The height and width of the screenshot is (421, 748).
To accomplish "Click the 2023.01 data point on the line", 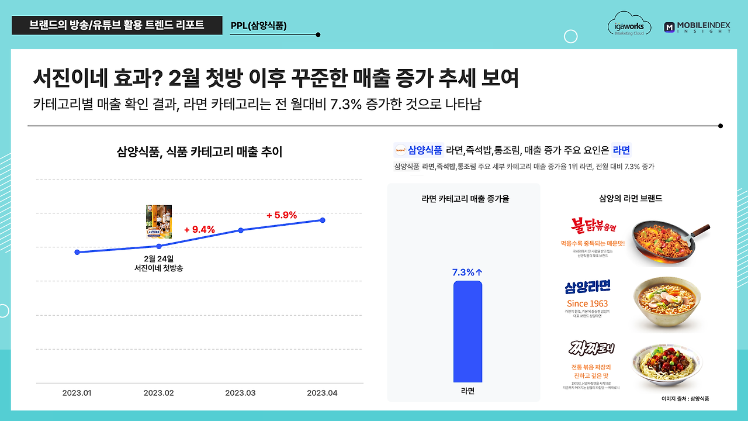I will pos(77,252).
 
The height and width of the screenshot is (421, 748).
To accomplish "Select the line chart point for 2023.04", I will pos(323,220).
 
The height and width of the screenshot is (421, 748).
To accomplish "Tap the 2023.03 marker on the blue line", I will pos(241,230).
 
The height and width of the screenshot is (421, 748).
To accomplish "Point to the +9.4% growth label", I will pos(199,229).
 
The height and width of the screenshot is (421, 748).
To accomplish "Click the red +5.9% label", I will pos(282,215).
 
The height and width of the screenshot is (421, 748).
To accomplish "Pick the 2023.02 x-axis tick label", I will pos(159,393).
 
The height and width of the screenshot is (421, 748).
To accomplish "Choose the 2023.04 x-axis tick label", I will pos(323,393).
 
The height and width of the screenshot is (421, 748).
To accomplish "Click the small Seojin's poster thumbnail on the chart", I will pos(159,222).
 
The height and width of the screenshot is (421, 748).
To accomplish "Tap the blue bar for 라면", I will pos(467,332).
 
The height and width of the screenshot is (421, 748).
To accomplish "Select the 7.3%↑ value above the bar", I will pos(467,272).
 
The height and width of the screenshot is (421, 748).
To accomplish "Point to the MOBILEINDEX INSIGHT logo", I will pos(697,27).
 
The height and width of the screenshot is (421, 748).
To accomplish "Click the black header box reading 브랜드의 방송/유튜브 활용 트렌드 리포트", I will pos(117,26).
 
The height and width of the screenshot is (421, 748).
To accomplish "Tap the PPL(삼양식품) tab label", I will pos(259,26).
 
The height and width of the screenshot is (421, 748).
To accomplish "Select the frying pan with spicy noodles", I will pos(669,239).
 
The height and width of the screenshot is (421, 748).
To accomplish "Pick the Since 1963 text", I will pos(587,303).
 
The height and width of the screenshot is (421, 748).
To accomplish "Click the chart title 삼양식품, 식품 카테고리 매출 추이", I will pos(200,153).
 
